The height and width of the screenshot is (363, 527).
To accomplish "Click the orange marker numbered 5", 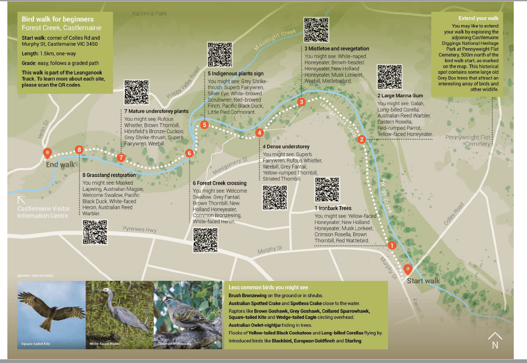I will (x=204, y=125).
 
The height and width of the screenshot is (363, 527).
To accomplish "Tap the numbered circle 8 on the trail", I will (x=79, y=150).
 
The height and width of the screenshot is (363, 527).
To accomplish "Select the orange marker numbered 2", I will (x=361, y=139).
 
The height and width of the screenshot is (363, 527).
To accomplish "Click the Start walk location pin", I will (x=408, y=270).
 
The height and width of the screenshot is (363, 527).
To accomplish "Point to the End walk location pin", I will (x=47, y=153).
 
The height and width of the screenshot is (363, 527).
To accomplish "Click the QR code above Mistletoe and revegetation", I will (x=316, y=30).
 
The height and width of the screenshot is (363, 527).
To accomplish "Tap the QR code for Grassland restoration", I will (x=95, y=232).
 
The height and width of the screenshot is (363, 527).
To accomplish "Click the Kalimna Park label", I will (x=149, y=13).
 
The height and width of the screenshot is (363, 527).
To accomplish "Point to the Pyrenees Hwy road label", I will (x=139, y=229).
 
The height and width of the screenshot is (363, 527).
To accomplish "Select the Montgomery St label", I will (x=230, y=166).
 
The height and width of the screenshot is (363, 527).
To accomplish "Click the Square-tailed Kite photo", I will (x=51, y=314).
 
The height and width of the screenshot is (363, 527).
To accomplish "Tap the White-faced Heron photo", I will (x=120, y=314).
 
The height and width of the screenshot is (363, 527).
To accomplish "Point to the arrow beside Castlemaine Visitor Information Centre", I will (x=22, y=200).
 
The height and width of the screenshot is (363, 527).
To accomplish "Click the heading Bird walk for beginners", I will (x=57, y=19).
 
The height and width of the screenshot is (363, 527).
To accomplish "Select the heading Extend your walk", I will (x=472, y=18).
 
